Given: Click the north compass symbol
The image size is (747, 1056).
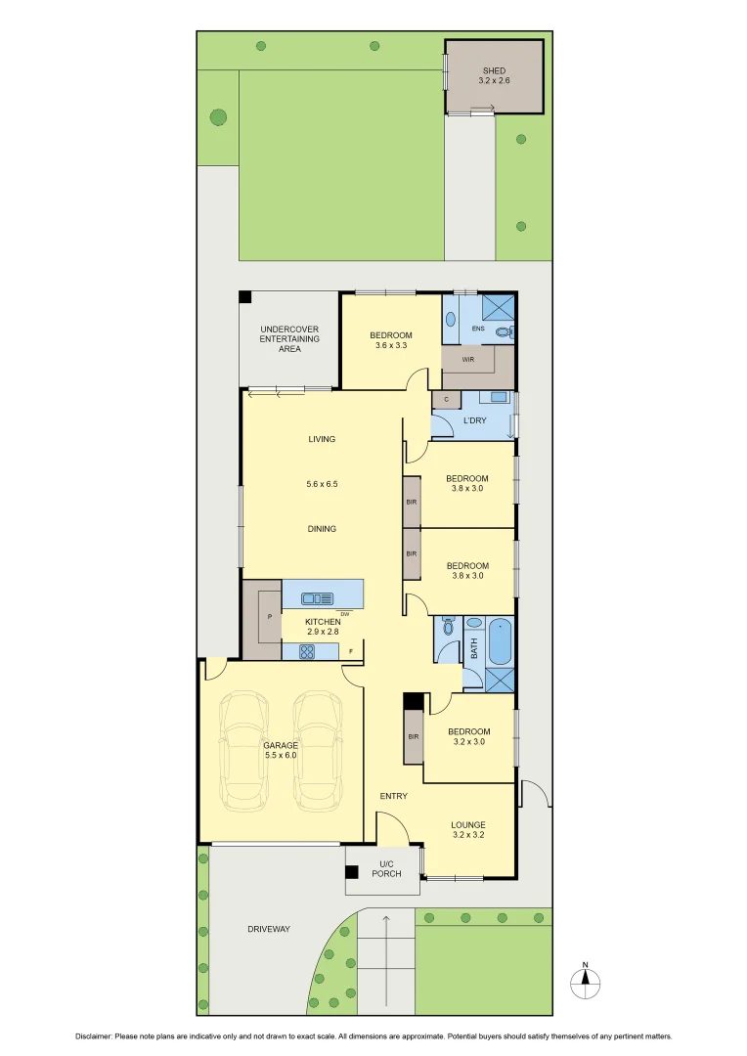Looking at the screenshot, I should tap(586, 982).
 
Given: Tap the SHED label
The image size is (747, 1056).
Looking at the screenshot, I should tap(494, 76).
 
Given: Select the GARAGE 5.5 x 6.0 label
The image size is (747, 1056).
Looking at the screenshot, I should tap(280, 750).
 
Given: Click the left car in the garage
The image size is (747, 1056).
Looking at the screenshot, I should tap(242, 751).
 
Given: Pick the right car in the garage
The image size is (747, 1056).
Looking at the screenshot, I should tap(319, 751).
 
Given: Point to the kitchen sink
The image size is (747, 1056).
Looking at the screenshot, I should tap(318, 598).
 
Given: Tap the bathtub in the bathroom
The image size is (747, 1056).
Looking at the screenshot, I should tap(500, 640).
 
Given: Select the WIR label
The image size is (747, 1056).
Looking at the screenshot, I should tap(468, 359).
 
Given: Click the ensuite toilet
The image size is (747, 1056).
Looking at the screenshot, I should tap(504, 332).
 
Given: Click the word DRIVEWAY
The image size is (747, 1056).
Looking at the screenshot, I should tap(268, 929).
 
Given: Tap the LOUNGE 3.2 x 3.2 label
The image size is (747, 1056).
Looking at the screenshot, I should tap(468, 829).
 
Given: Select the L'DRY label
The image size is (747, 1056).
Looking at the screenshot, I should tap(475, 420).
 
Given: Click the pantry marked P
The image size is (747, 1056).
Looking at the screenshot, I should tap(268, 618).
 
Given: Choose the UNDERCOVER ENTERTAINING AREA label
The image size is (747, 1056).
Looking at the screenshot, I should tap(287, 338).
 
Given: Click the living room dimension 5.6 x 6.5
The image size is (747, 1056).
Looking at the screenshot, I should tap(322, 484).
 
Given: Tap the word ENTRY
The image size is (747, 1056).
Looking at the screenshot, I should tap(393, 796).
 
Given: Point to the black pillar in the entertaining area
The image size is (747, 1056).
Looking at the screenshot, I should tap(245, 297).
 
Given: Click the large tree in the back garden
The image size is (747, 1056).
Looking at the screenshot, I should tap(218, 117).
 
